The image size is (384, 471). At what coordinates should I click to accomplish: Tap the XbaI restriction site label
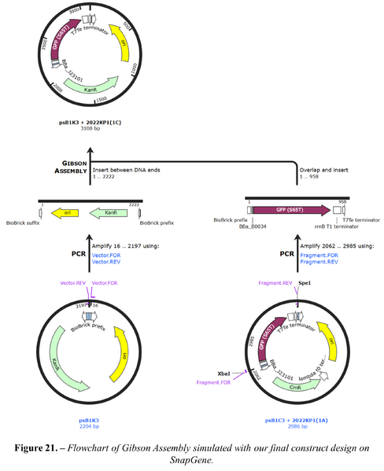(x=223, y=374)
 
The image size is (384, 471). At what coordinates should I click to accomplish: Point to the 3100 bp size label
(x=90, y=127)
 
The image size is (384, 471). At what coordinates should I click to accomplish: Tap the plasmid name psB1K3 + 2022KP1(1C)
(x=90, y=122)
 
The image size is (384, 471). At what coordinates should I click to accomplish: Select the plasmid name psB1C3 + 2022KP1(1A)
(x=297, y=420)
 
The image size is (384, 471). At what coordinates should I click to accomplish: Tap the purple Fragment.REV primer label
(x=275, y=282)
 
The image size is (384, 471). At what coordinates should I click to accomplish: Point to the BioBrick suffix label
(x=24, y=223)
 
